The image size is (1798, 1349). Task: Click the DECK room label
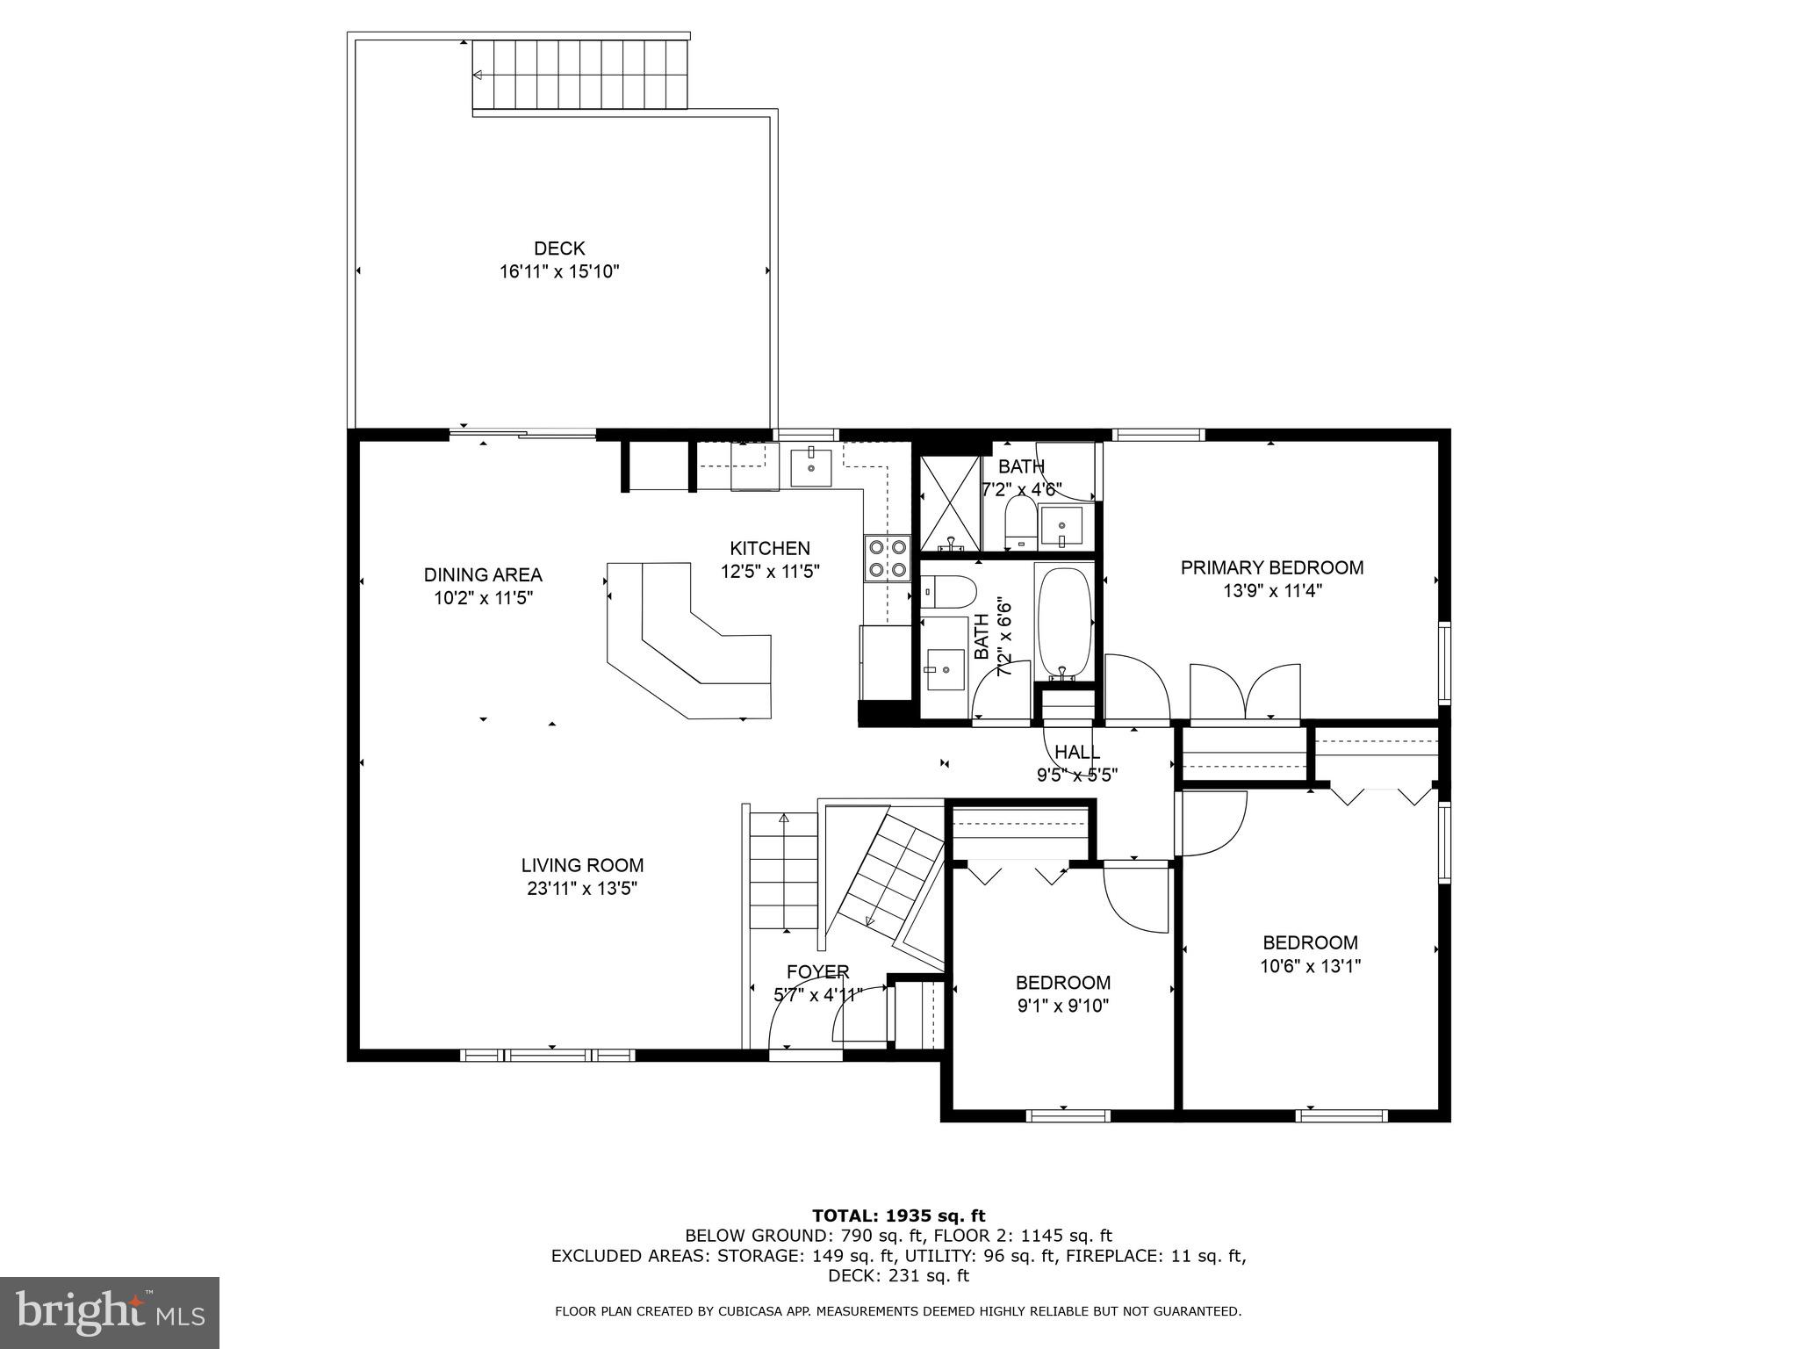coord(559,249)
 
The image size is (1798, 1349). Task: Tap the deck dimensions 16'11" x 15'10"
coord(559,272)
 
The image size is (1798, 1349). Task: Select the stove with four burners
coord(887,559)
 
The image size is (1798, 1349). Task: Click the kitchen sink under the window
coord(809,466)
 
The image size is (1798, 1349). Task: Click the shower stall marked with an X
coord(949,504)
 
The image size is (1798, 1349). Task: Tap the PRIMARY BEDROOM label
coord(1271,568)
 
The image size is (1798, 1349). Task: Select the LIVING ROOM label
coord(582,865)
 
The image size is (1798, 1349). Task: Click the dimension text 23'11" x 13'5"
coord(582,889)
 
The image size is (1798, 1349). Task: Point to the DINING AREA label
coord(483,575)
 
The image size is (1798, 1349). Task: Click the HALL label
coord(1076,753)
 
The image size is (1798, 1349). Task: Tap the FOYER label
coord(817,972)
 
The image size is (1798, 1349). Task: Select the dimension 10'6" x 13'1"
coord(1310,967)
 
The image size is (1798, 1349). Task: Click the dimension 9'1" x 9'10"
coord(1062,1006)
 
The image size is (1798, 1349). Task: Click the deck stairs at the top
coord(579,74)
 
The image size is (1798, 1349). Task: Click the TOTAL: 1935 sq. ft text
coord(898,1216)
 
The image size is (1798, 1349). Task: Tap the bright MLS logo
coord(110,1312)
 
